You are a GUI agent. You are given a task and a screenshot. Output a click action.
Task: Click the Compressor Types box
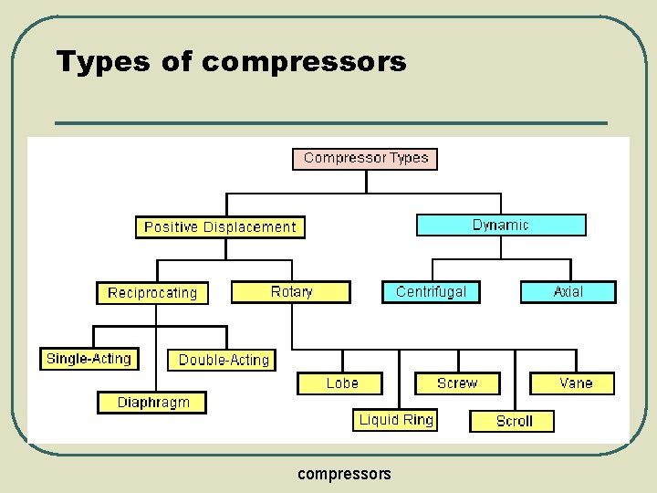click(x=365, y=158)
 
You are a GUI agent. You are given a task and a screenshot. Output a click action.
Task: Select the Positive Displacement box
click(x=220, y=226)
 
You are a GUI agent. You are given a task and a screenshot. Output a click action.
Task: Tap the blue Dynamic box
click(x=501, y=225)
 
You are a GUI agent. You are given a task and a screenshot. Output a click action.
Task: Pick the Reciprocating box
click(x=152, y=293)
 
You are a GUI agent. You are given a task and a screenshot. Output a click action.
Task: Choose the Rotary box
click(x=291, y=292)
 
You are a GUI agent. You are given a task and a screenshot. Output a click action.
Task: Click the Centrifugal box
click(x=431, y=292)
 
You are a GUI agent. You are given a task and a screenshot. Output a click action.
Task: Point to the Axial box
click(x=568, y=292)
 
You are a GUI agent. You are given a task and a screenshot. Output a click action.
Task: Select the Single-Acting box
click(x=89, y=359)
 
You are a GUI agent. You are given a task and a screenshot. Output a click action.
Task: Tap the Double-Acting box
click(x=224, y=360)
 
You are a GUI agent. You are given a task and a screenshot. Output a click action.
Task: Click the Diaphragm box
click(x=152, y=402)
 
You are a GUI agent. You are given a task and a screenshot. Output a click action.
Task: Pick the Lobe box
click(x=341, y=383)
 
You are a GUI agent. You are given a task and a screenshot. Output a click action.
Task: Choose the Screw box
click(x=457, y=383)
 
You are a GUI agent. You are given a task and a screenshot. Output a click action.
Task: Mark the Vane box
click(x=575, y=383)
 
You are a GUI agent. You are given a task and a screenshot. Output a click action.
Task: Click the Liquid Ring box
click(x=396, y=420)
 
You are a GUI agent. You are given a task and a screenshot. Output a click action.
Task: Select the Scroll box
click(x=514, y=421)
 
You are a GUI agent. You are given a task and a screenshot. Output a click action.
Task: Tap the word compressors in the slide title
click(x=304, y=62)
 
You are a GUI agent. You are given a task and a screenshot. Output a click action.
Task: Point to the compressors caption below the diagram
click(x=345, y=473)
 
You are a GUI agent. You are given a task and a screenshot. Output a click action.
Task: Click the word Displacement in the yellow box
click(x=246, y=226)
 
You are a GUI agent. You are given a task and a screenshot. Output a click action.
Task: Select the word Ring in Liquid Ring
click(x=418, y=420)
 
